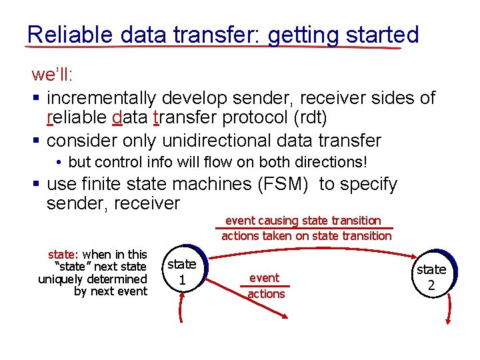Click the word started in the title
(381, 34)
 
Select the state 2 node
(431, 277)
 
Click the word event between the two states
(264, 277)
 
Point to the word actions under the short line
(266, 294)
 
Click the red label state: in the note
(63, 254)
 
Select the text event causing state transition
(303, 220)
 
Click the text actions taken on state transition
(306, 235)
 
